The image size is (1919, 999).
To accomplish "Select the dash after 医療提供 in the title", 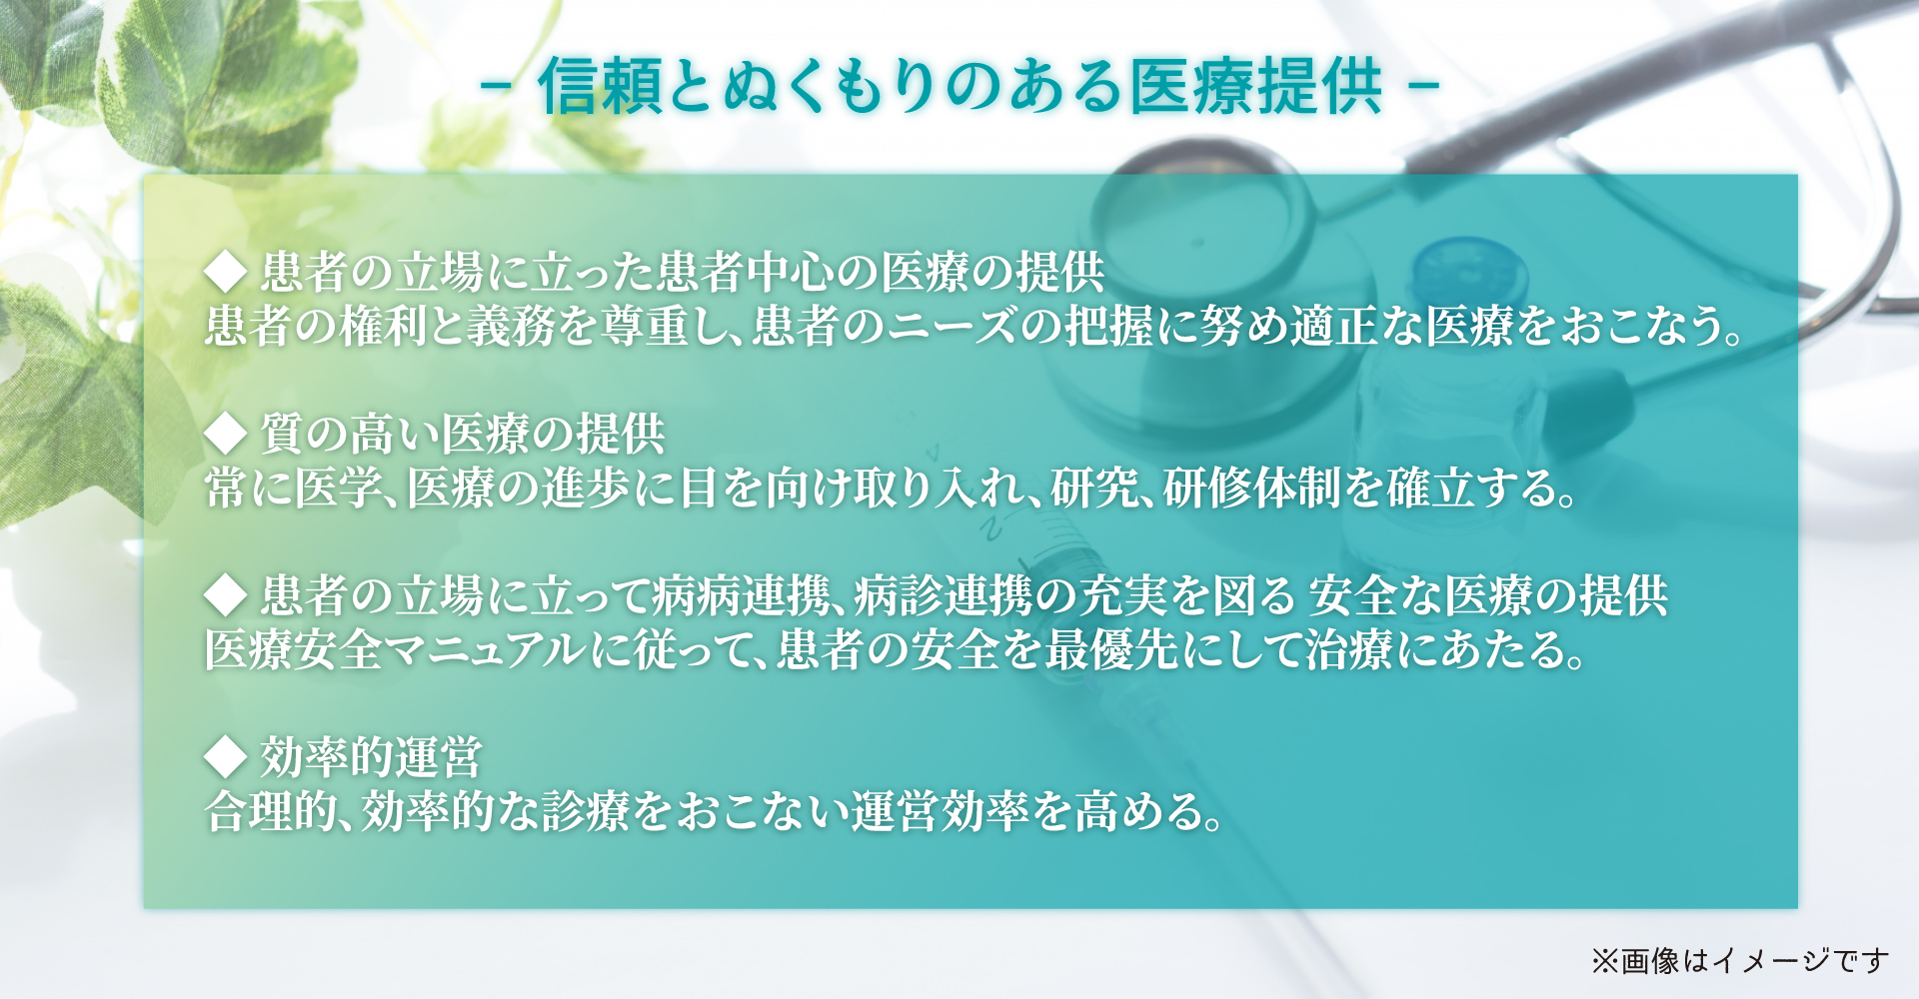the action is [x=1422, y=86].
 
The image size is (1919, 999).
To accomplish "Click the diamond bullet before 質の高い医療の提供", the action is [x=225, y=433].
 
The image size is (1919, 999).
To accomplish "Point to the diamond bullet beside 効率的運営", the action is [x=225, y=756].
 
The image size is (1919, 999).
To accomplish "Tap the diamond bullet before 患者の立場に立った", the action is [x=225, y=271].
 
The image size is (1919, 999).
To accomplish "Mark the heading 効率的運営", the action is [x=372, y=756].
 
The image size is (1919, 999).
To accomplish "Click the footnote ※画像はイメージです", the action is [x=1740, y=961].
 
